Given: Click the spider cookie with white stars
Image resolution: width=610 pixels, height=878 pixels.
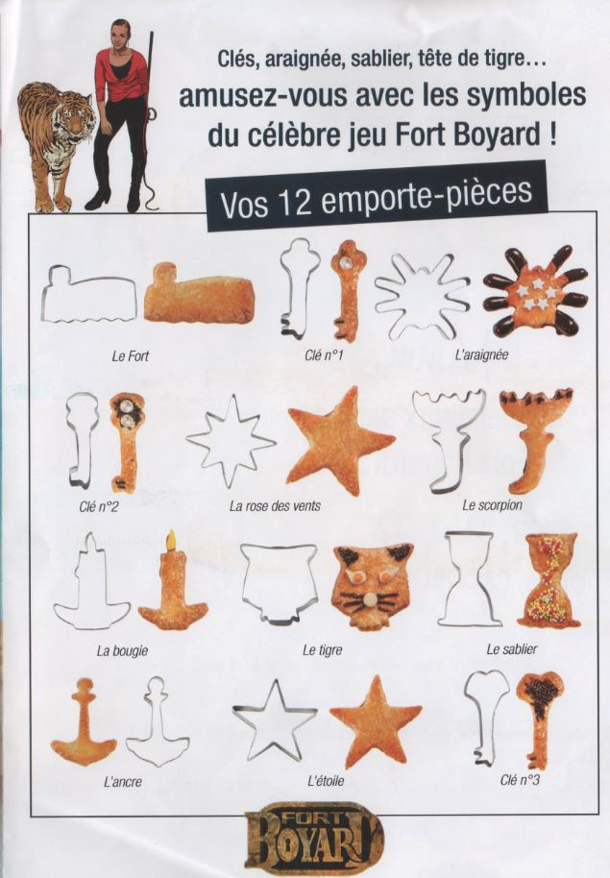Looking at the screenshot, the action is pyautogui.click(x=535, y=291).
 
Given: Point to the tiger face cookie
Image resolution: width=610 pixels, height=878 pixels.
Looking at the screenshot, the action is pyautogui.click(x=373, y=586).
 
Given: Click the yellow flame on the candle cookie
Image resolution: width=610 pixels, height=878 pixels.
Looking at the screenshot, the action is pyautogui.click(x=171, y=541).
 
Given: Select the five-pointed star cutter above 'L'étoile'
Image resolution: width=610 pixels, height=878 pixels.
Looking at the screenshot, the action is pyautogui.click(x=275, y=719).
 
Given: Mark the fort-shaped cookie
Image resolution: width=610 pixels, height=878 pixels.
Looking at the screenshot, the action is pyautogui.click(x=199, y=295).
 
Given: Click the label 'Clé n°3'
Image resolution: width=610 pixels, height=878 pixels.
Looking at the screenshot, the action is pyautogui.click(x=520, y=779).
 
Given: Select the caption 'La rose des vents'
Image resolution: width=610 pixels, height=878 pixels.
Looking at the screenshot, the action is pyautogui.click(x=275, y=506).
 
